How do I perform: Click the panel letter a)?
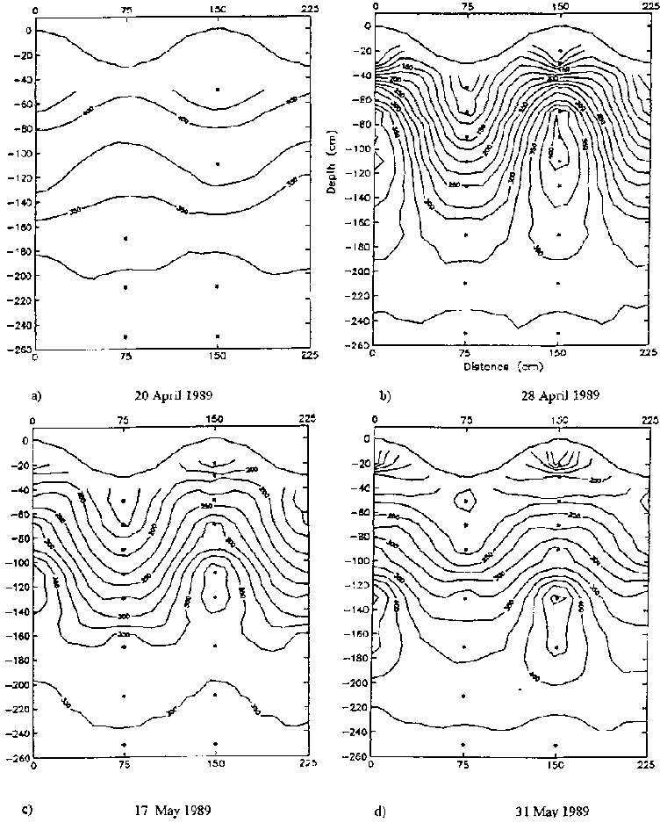click(35, 395)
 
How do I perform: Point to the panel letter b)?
click(384, 395)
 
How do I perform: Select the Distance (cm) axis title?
click(492, 366)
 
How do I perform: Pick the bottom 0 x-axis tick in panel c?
click(34, 766)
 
